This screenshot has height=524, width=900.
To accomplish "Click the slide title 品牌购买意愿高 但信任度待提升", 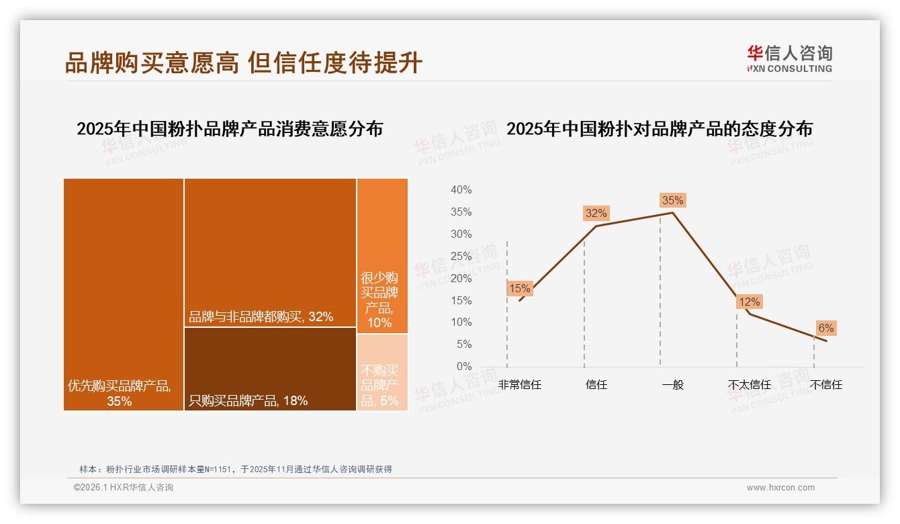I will coord(243,62).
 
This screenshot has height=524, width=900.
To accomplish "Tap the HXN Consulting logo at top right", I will coord(789,59).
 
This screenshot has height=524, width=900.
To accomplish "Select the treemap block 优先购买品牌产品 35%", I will coord(124,294).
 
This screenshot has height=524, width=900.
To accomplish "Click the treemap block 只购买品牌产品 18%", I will coord(270,369).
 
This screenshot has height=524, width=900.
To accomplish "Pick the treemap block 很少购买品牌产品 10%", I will coord(382,255).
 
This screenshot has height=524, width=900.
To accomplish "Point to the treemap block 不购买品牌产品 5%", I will coord(382,372).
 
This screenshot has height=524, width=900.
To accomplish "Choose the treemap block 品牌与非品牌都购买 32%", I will coord(270,253).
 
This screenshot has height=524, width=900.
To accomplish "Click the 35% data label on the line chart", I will coord(672,200).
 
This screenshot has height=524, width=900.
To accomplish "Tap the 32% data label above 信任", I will coord(596,213).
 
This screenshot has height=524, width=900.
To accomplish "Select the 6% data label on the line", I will coord(825,328).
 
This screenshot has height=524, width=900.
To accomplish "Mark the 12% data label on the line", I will coord(749,302).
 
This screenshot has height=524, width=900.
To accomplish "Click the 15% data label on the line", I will coord(519,289).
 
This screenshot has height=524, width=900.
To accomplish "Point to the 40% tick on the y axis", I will coord(461,190).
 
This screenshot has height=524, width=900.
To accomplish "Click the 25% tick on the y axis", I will coord(461,256).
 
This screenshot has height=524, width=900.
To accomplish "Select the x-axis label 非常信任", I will coord(519,385).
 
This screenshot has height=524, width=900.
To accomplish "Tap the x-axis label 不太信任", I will coord(749,385).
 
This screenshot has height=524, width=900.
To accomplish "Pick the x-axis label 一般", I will coord(672,385).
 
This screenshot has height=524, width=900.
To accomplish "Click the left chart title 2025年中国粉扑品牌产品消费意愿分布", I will coord(230,128).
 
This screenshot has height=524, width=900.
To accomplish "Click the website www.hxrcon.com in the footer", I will coord(780,488).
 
